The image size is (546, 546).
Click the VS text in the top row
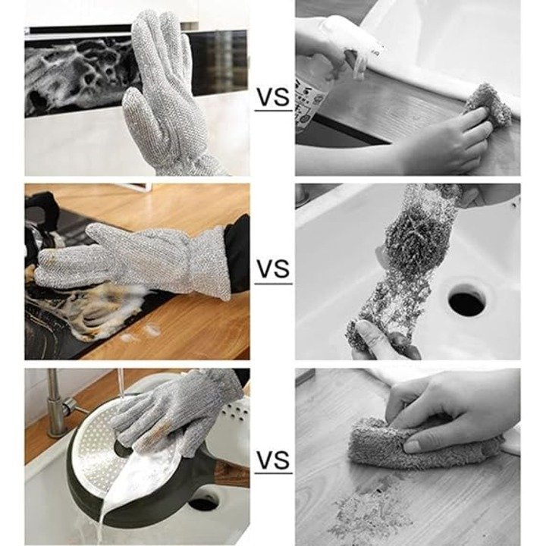[273, 97]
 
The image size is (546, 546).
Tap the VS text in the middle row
[273, 268]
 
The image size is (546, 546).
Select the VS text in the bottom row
[273, 459]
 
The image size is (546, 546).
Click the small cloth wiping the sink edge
[488, 105]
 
